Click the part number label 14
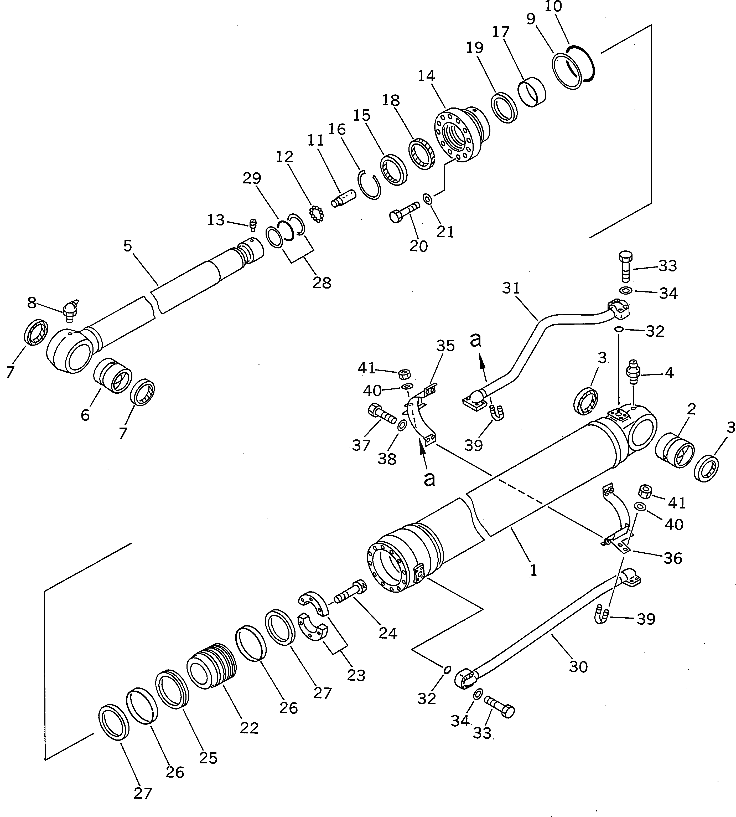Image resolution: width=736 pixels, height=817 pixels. (427, 76)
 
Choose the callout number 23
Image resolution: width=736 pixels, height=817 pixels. (356, 675)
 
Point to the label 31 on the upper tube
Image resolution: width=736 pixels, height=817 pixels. (511, 288)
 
